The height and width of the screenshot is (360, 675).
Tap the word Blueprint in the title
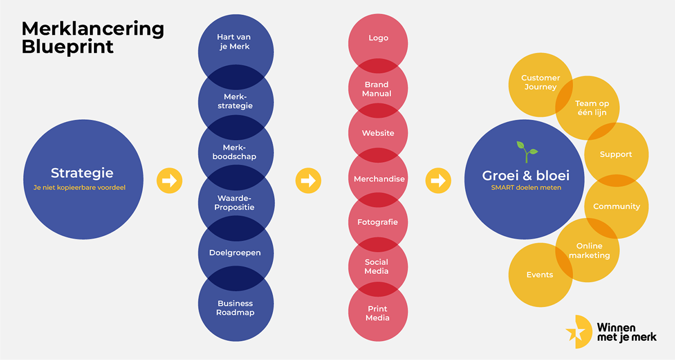click(67, 47)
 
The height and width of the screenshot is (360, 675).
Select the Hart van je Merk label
click(236, 42)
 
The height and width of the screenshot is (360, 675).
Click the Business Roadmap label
click(236, 308)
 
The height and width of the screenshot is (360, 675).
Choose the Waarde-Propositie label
click(236, 202)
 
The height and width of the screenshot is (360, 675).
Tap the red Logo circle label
click(378, 38)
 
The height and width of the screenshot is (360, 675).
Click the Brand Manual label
click(377, 89)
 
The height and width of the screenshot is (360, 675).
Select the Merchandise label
click(379, 179)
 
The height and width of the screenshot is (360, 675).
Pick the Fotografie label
click(377, 222)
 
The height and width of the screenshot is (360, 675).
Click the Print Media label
click(378, 313)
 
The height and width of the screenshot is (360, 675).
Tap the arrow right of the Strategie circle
click(169, 181)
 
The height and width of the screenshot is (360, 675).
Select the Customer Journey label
click(541, 82)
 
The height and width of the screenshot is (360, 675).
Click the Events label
click(539, 274)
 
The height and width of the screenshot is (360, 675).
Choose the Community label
click(616, 206)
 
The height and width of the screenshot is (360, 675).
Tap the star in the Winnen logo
click(576, 332)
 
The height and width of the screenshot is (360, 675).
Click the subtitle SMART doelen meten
click(525, 187)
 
